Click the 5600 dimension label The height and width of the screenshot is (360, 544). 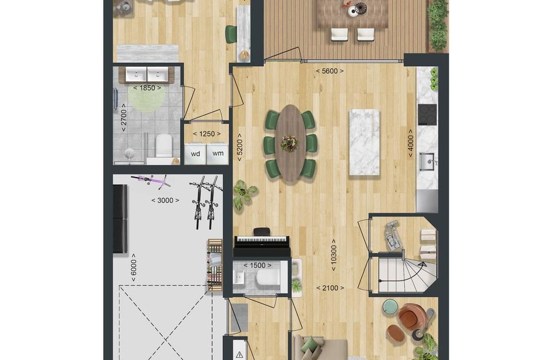pos(330,71)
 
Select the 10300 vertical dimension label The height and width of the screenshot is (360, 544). pos(333,255)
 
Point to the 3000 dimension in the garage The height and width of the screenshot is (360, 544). pos(165,200)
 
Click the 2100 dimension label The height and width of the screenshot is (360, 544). pos(330,288)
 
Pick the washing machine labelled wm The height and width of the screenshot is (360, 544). pos(218,154)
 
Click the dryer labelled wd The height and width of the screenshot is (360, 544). pos(195,154)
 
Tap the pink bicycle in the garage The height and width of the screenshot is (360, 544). pos(151,181)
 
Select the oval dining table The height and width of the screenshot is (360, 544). pos(291,143)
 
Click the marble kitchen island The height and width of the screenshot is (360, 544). pos(364,142)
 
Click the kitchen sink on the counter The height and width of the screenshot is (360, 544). pos(427,162)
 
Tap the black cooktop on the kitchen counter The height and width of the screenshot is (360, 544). pos(427,115)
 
